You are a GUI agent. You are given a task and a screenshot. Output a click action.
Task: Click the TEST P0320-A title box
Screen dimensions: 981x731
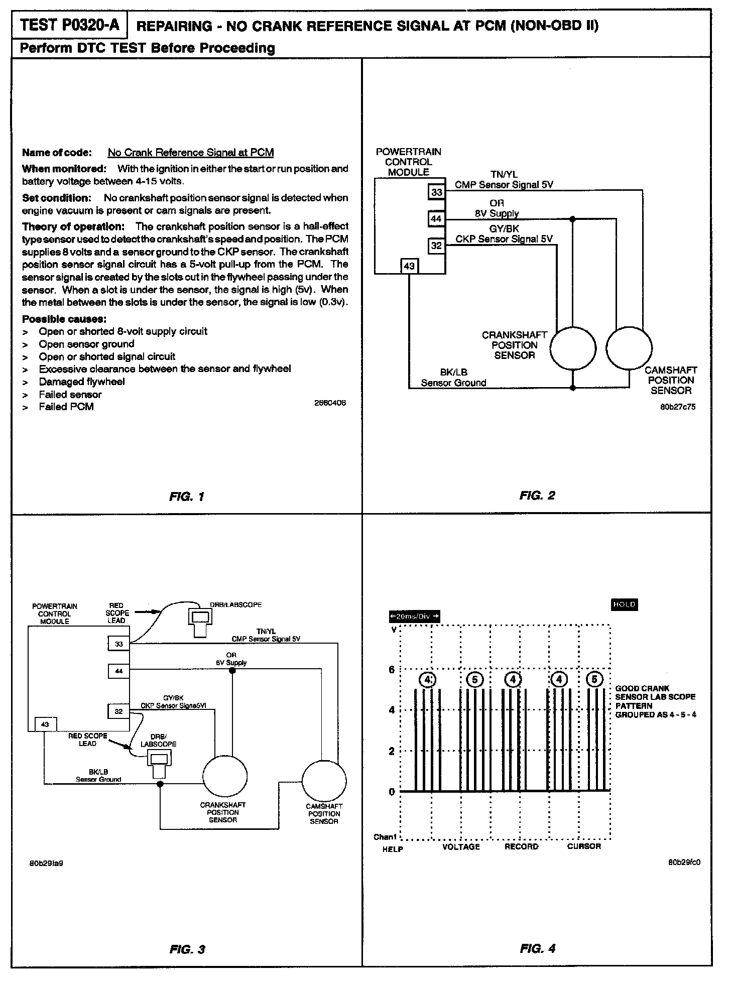pyautogui.click(x=69, y=25)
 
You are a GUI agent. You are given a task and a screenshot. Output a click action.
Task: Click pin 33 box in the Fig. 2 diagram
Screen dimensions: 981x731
pyautogui.click(x=436, y=192)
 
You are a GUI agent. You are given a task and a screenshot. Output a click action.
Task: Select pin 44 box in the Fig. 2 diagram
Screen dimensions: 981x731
pyautogui.click(x=436, y=219)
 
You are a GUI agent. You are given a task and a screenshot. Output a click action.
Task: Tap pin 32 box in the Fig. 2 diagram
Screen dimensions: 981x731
pyautogui.click(x=436, y=246)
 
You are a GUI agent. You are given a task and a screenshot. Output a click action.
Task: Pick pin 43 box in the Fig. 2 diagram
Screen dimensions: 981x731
pyautogui.click(x=409, y=266)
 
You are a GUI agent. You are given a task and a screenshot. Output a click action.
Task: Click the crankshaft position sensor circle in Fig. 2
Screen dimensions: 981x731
pyautogui.click(x=573, y=348)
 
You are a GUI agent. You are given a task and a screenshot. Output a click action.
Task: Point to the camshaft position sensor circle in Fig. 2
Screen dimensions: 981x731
pyautogui.click(x=629, y=348)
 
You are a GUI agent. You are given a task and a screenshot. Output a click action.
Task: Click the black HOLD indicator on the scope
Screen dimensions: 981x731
pyautogui.click(x=624, y=604)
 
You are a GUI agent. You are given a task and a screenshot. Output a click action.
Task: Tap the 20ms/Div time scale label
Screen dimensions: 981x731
pyautogui.click(x=414, y=617)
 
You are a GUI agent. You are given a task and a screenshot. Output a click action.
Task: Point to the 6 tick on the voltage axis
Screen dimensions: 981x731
pyautogui.click(x=392, y=670)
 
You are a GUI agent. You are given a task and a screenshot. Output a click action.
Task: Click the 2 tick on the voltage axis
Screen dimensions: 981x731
pyautogui.click(x=392, y=752)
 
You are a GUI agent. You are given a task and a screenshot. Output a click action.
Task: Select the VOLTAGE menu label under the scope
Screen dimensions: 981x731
pyautogui.click(x=461, y=847)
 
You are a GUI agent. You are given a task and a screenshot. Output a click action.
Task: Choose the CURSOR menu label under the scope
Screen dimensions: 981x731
pyautogui.click(x=584, y=846)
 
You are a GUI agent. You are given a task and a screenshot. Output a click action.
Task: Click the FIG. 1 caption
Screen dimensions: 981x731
pyautogui.click(x=187, y=497)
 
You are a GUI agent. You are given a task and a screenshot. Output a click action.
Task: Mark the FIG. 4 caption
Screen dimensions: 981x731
pyautogui.click(x=537, y=949)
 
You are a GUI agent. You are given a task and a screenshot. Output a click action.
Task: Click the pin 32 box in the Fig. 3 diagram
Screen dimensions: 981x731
pyautogui.click(x=118, y=711)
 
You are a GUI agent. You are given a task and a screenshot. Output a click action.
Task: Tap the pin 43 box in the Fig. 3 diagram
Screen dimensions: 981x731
pyautogui.click(x=45, y=724)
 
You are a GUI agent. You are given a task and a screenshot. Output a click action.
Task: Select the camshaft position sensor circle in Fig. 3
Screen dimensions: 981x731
pyautogui.click(x=324, y=782)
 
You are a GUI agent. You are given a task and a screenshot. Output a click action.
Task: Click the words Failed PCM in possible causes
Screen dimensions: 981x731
pyautogui.click(x=66, y=407)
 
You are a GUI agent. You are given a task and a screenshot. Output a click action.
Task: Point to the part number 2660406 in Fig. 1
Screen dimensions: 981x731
pyautogui.click(x=330, y=403)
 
